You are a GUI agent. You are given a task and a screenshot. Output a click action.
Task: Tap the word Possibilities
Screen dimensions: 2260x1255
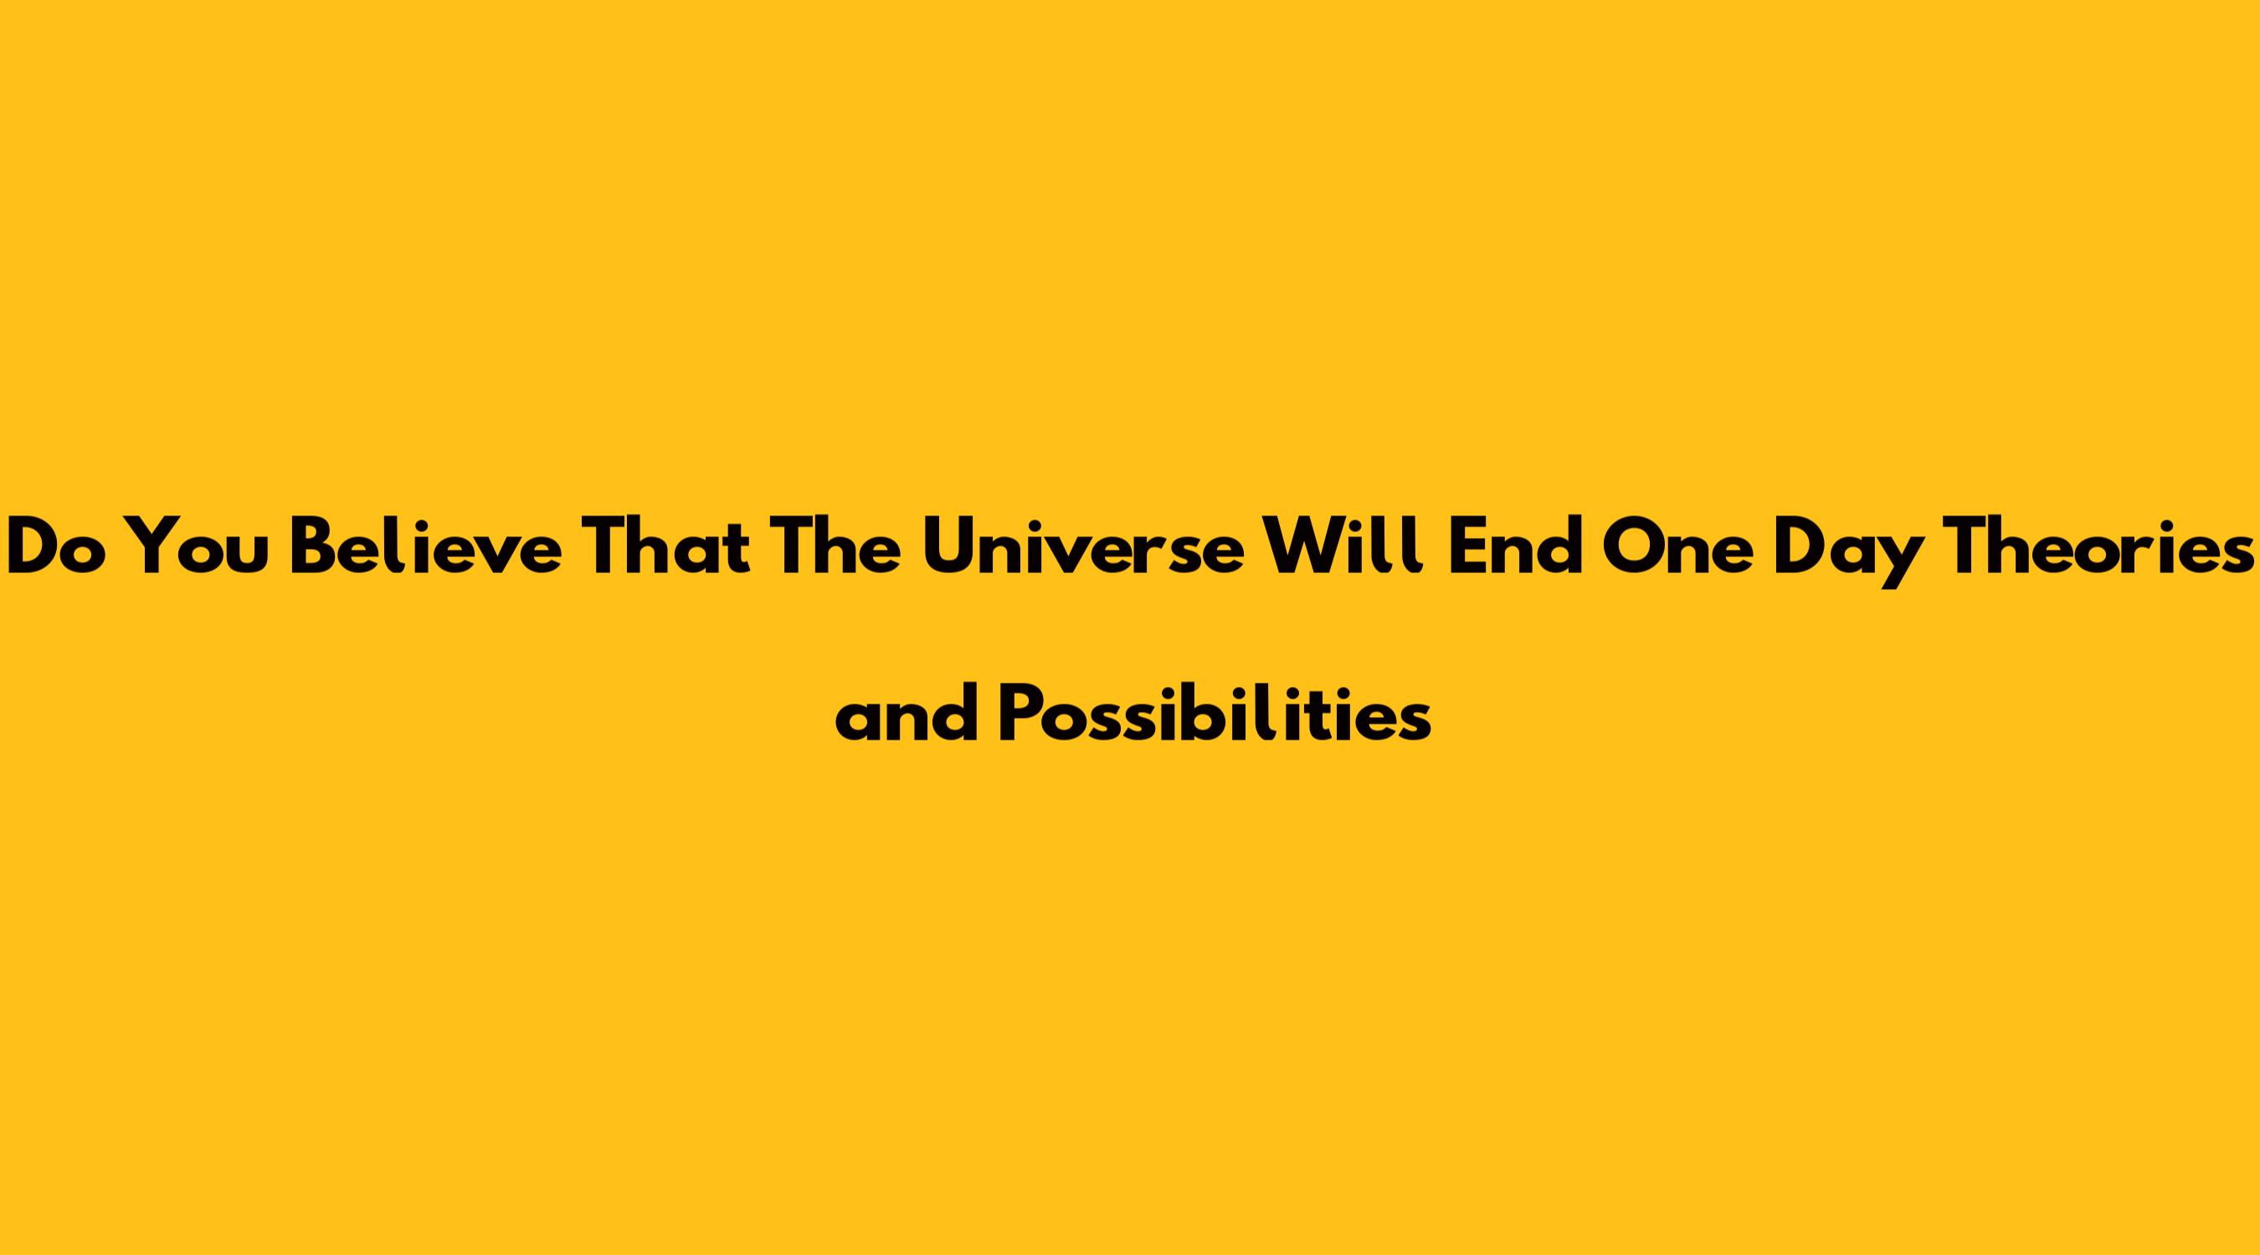click(1216, 714)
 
